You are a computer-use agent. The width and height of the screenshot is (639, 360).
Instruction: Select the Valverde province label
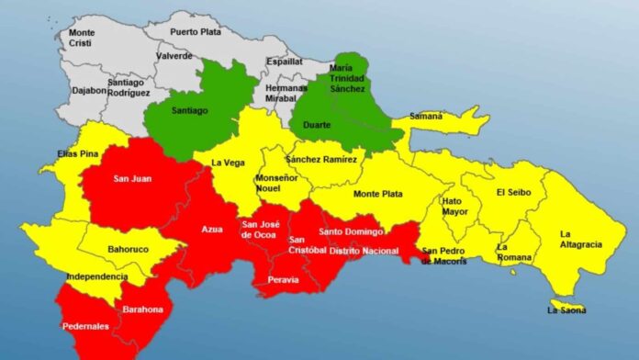tap(174, 55)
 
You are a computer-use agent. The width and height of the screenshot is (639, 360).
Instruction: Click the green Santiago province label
tap(190, 109)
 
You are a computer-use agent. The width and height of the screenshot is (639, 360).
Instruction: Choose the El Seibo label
tap(513, 192)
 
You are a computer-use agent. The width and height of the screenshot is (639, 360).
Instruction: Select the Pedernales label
tap(84, 326)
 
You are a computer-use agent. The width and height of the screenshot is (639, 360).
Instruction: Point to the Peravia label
tap(282, 279)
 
